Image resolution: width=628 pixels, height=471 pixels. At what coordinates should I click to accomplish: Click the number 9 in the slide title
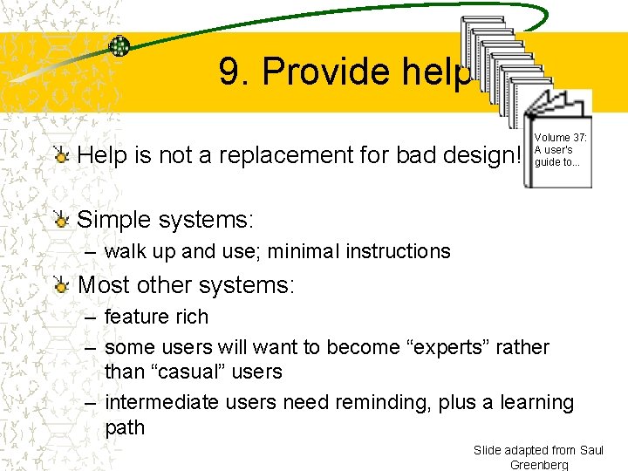[x=230, y=72]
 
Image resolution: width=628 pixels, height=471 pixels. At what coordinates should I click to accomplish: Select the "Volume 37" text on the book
[x=560, y=138]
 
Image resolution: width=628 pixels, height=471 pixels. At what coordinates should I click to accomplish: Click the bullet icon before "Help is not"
[x=61, y=155]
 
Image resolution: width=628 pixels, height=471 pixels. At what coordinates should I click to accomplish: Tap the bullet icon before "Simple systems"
[x=61, y=220]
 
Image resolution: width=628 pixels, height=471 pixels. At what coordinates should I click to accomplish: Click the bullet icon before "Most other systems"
[x=61, y=285]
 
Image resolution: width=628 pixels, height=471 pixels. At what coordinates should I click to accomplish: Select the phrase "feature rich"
[x=156, y=317]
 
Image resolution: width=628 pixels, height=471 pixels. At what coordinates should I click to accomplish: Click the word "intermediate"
[x=161, y=402]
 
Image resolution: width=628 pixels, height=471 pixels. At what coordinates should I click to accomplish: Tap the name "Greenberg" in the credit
[x=538, y=464]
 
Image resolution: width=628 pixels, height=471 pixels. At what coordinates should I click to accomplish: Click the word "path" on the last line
[x=125, y=427]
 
